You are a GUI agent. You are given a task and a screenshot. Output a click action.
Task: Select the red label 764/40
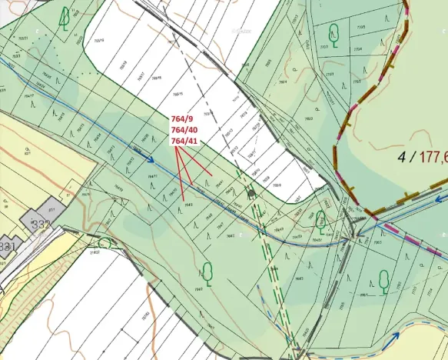(x=184, y=131)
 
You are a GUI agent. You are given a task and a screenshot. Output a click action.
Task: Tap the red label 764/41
(x=184, y=142)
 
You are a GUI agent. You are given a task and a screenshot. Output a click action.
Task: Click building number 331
(x=7, y=246)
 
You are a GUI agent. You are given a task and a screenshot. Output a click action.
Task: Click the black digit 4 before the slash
(x=401, y=158)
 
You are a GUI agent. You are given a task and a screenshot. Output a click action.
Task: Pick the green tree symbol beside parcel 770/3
(x=334, y=32)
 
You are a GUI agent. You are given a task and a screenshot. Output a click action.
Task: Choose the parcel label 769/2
(x=309, y=118)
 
